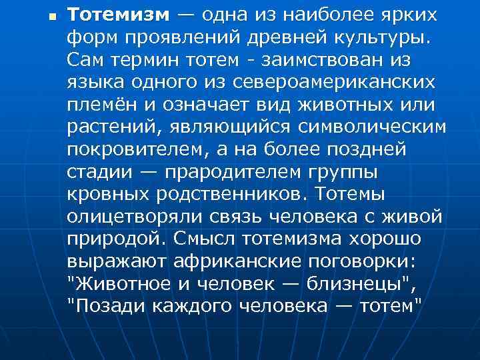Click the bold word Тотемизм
pos(119,15)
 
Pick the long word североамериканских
pos(327,83)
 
